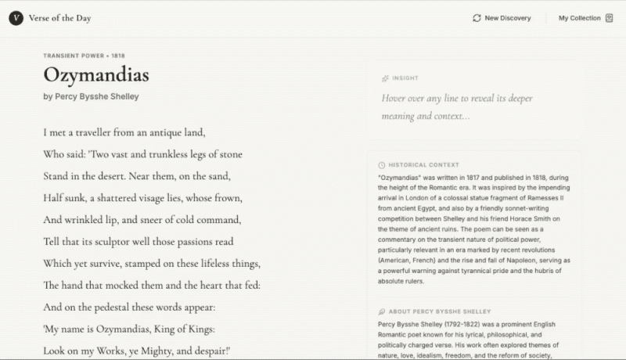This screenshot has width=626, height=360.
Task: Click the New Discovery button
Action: pyautogui.click(x=502, y=18)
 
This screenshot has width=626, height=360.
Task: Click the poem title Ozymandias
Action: pyautogui.click(x=96, y=75)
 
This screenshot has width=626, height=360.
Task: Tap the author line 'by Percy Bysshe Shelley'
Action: pyautogui.click(x=92, y=96)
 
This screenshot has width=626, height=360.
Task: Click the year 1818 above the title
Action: pyautogui.click(x=118, y=56)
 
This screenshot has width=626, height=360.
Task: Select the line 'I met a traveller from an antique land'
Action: pyautogui.click(x=124, y=132)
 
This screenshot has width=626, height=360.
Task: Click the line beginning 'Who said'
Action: pyautogui.click(x=142, y=154)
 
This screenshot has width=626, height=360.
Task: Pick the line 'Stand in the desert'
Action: pyautogui.click(x=137, y=176)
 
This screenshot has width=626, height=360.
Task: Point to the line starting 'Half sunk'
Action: pyautogui.click(x=142, y=198)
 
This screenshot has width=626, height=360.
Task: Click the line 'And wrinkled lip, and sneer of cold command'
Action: pyautogui.click(x=142, y=220)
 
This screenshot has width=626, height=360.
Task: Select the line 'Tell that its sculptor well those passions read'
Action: pyautogui.click(x=139, y=242)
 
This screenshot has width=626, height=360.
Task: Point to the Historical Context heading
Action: pyautogui.click(x=423, y=165)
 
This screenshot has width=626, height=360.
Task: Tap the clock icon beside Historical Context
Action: pyautogui.click(x=382, y=165)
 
